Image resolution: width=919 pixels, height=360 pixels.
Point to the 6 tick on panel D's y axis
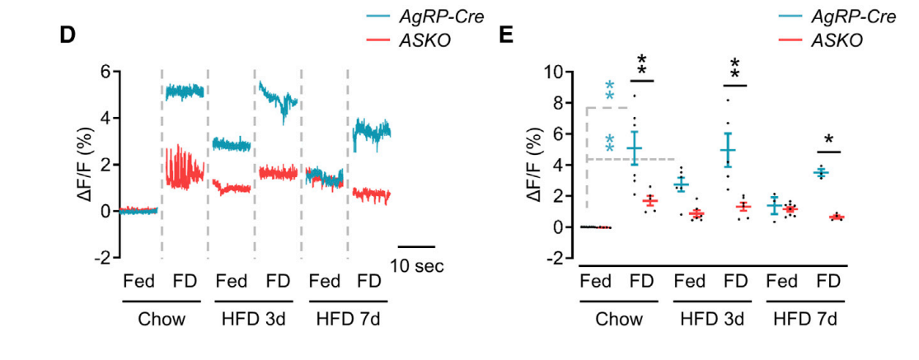[105, 72]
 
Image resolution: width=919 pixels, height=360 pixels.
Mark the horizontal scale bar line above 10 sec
[416, 246]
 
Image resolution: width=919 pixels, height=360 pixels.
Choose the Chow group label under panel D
[162, 319]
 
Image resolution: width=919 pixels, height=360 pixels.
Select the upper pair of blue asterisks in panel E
[610, 91]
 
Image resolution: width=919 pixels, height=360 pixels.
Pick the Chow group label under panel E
[619, 319]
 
